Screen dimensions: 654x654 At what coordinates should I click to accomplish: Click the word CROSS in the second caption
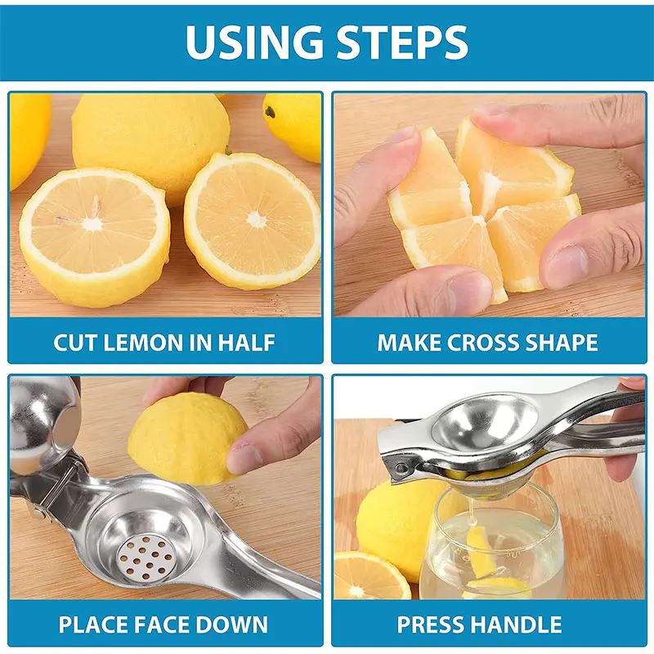(x=483, y=342)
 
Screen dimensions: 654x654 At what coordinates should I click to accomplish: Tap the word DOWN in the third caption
(x=237, y=625)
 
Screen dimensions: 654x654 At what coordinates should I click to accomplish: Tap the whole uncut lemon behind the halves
(x=150, y=136)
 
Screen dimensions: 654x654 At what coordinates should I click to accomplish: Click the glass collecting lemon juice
(x=490, y=544)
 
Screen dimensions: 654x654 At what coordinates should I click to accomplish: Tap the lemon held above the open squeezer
(x=188, y=437)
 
